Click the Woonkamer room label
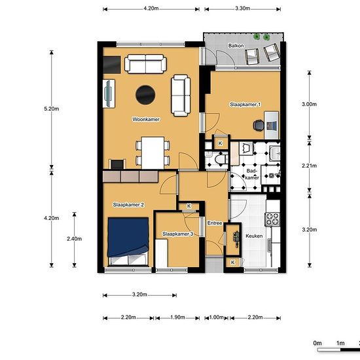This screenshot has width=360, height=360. point(146,119)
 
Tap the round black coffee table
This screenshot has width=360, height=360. point(145,95)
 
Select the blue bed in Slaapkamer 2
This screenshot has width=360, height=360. point(128,242)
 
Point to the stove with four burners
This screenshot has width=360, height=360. point(272,219)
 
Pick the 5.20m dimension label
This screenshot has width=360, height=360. point(52,109)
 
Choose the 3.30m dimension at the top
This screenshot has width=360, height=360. point(242,9)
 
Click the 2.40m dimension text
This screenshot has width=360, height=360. point(75,239)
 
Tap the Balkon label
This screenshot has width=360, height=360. point(236,46)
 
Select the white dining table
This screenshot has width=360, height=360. point(153,153)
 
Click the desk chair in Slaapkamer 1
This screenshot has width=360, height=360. point(259,126)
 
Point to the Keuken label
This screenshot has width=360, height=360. point(254,236)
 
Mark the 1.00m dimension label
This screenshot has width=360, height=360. point(216,317)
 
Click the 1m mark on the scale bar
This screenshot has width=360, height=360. point(340,343)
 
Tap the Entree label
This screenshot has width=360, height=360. point(215,223)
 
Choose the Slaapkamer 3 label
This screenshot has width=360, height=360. point(177,234)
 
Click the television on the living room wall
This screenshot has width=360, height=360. point(109,94)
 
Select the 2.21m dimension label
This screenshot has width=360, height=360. point(309,166)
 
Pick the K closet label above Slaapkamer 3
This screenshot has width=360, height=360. point(189,206)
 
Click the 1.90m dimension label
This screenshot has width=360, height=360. point(177,317)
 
